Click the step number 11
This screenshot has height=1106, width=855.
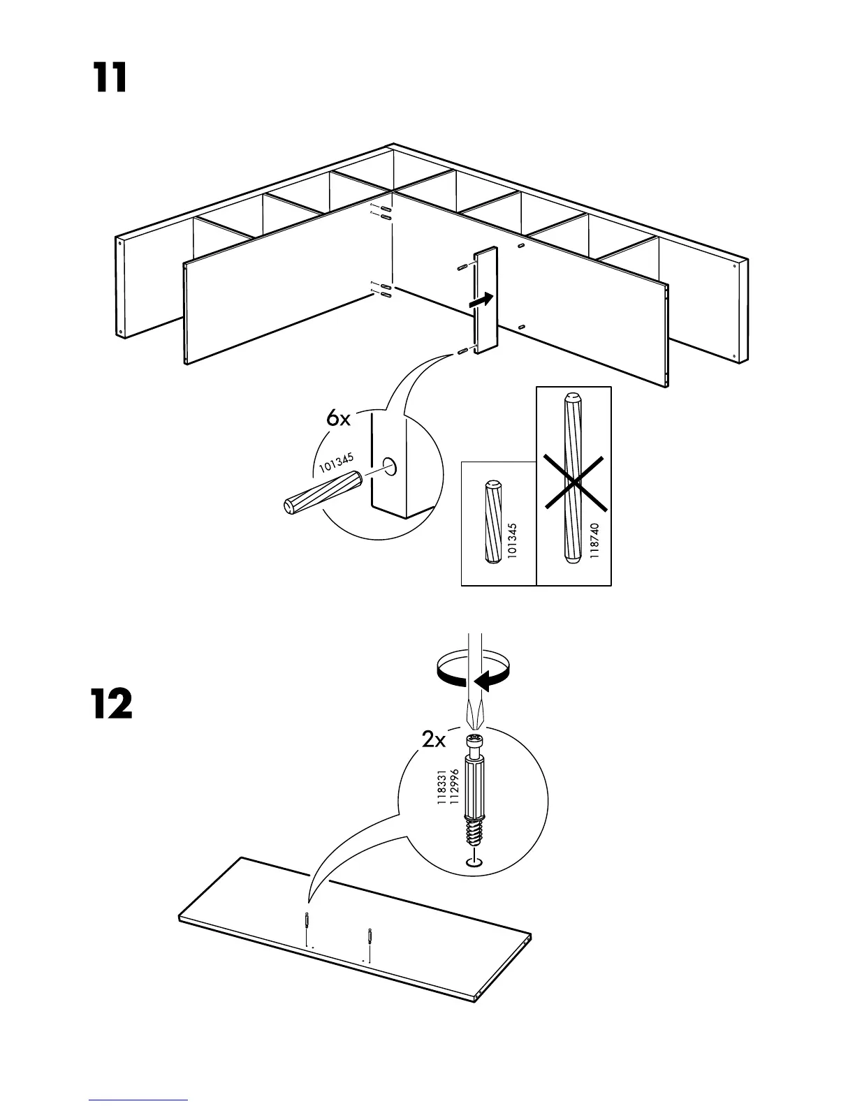[110, 78]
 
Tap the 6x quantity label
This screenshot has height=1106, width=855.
[338, 418]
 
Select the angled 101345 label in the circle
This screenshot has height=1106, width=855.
[337, 463]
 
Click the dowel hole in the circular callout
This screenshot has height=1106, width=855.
[390, 466]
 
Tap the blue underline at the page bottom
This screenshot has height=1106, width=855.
[138, 1101]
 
